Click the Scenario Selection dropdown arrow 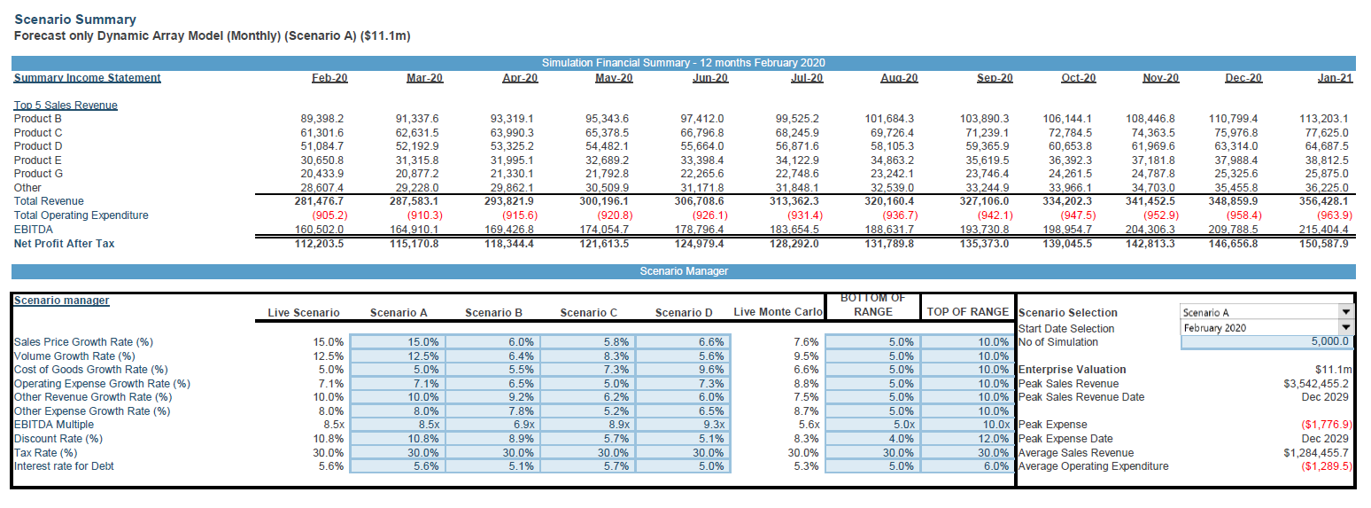1346,312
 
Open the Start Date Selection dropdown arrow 1346,328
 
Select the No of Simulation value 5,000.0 1329,342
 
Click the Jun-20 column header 710,78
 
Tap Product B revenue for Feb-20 322,119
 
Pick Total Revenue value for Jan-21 1324,201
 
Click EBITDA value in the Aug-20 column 889,230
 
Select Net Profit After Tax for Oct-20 1067,244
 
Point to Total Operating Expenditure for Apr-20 520,215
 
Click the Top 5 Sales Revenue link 66,106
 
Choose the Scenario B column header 493,313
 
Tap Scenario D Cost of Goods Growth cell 712,370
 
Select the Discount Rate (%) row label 58,439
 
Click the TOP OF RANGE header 968,312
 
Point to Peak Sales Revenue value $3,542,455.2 1316,384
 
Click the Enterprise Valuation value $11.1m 1333,370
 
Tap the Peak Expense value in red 1327,425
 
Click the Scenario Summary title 75,20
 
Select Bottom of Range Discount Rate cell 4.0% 901,439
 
